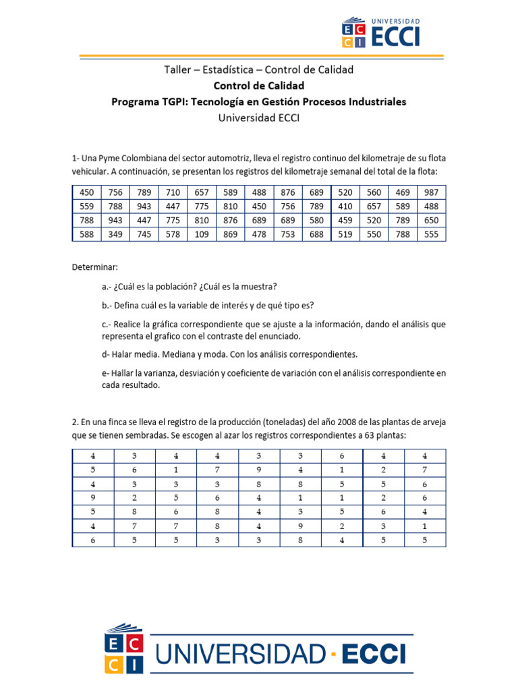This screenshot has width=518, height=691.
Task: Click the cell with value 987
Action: coord(432,192)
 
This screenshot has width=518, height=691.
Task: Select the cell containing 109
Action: coord(202,234)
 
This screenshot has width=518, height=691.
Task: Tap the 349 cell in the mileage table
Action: coord(115,234)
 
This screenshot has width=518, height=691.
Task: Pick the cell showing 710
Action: coord(173,192)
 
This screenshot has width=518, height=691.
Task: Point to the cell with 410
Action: coord(345,206)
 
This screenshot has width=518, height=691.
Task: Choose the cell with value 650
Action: coord(432,220)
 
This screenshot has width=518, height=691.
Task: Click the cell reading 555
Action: coord(432,234)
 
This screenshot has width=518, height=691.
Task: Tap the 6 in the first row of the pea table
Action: coord(342,456)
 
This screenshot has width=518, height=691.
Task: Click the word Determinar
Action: coord(94,267)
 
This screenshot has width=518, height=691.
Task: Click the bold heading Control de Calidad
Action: coord(259,86)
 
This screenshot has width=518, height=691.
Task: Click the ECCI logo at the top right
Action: coord(381,32)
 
